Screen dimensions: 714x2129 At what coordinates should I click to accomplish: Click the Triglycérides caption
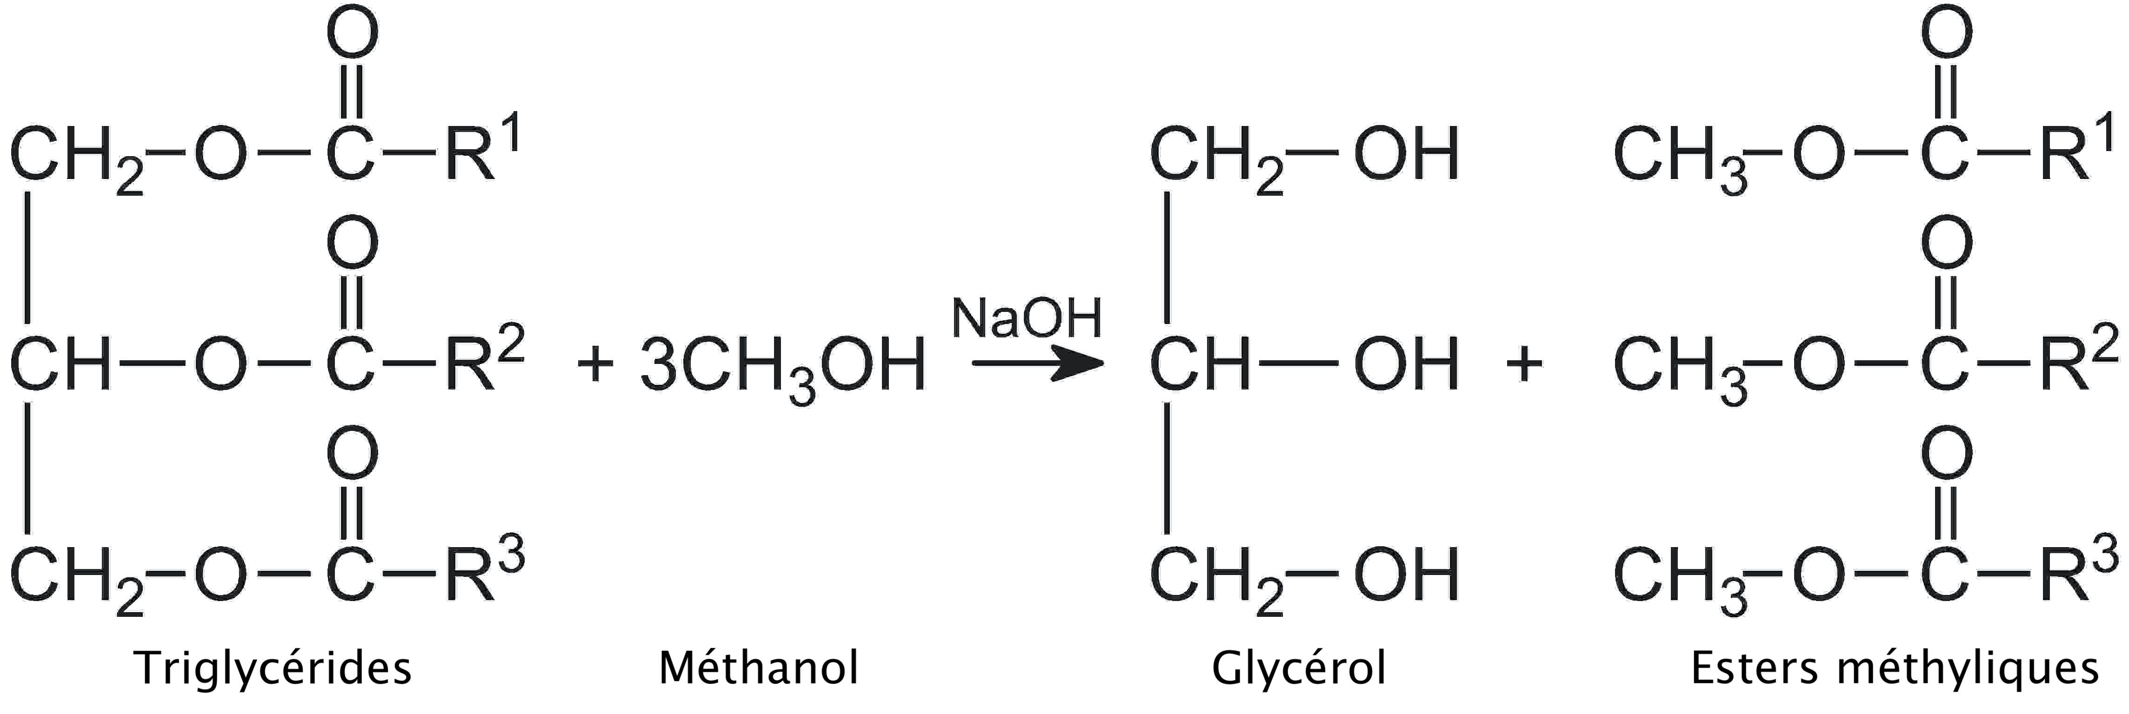tap(273, 668)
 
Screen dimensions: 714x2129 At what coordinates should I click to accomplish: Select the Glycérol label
tap(1298, 668)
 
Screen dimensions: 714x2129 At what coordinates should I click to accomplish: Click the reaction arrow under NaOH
tap(1037, 364)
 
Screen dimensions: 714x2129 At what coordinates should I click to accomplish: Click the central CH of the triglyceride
tap(60, 364)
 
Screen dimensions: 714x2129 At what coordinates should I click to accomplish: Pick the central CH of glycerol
tap(1199, 364)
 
